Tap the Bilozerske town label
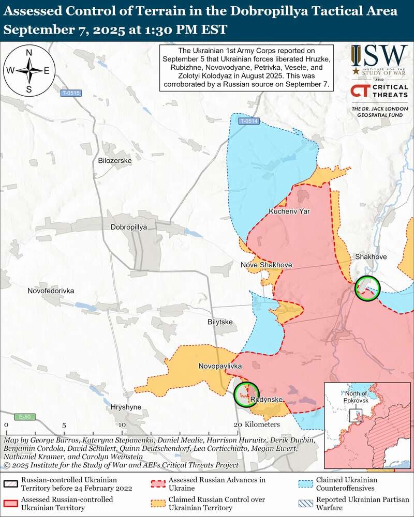(x=115, y=161)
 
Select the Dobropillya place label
(x=129, y=227)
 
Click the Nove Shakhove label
(x=267, y=265)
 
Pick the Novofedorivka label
(x=51, y=291)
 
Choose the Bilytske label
(x=220, y=322)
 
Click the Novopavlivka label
(x=220, y=366)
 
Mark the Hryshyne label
(x=126, y=407)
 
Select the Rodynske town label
(x=266, y=400)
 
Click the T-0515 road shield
(x=70, y=94)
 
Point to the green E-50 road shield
(x=21, y=417)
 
